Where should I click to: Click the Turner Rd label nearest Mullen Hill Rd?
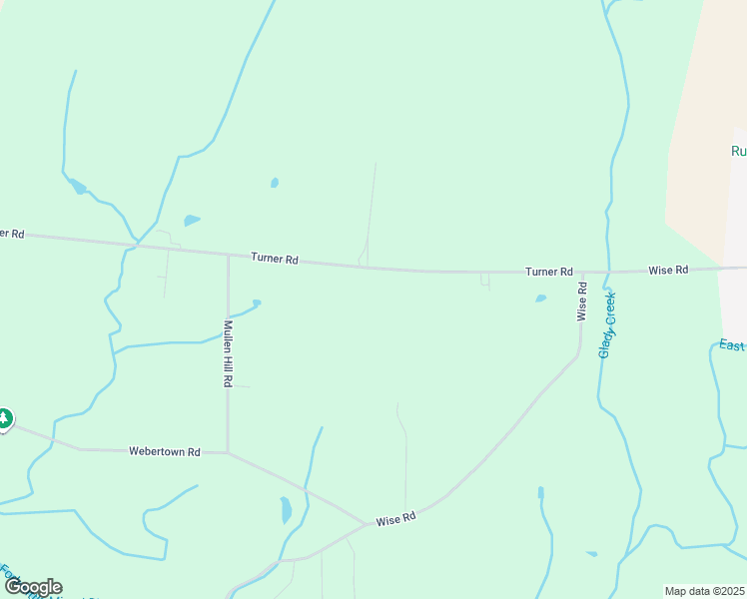tap(275, 259)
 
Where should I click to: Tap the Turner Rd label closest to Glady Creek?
tap(549, 272)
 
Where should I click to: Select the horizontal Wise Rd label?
tap(668, 271)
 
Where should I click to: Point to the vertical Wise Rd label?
tap(581, 301)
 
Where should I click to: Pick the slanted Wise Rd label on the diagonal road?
tap(394, 520)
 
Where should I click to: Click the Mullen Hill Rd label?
tap(228, 353)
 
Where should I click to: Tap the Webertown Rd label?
tap(165, 451)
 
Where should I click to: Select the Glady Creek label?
tap(607, 324)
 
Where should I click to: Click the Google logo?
tap(33, 587)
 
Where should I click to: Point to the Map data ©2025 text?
tap(704, 591)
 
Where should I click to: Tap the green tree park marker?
tap(4, 418)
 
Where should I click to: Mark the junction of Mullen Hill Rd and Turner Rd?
tap(228, 256)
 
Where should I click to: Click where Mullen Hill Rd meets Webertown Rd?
tap(228, 452)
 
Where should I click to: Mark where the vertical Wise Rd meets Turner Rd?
tap(582, 272)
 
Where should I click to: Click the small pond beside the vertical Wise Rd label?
tap(541, 298)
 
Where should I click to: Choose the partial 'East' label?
tap(732, 344)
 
